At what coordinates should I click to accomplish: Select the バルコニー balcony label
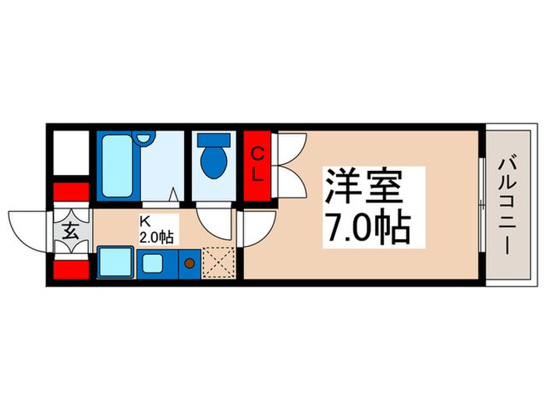pyautogui.click(x=504, y=205)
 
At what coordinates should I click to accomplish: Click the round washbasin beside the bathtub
pyautogui.click(x=143, y=137)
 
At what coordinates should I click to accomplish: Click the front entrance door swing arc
pyautogui.click(x=26, y=228)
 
